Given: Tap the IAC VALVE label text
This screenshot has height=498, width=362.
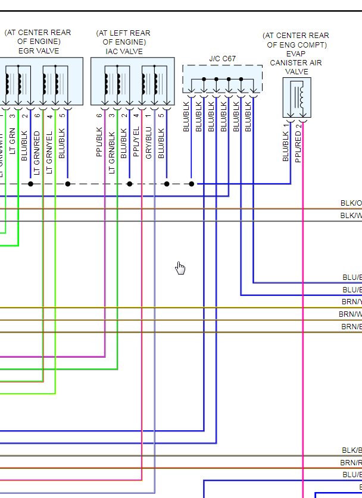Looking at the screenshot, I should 124,51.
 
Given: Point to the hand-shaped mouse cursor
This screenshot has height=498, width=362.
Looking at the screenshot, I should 180,269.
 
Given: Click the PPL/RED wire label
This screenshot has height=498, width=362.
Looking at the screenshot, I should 298,147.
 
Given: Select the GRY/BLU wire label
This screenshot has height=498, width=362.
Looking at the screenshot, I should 148,141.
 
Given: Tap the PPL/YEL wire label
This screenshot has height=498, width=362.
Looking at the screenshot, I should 136,141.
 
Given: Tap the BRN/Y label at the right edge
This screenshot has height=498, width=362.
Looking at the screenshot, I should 351,302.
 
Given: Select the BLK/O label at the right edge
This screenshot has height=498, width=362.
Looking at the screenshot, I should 351,203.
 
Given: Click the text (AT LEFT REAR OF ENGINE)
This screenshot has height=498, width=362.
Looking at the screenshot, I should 124,37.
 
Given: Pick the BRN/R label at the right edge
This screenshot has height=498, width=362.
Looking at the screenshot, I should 351,462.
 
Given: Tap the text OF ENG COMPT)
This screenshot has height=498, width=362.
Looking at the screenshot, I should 296,45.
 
